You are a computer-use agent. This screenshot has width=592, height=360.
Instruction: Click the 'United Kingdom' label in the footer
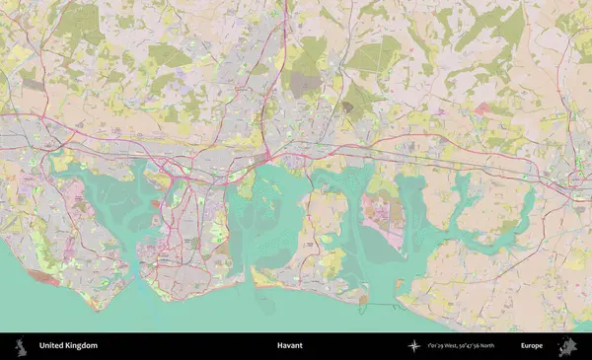68,346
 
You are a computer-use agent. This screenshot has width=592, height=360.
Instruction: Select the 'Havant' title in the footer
290,346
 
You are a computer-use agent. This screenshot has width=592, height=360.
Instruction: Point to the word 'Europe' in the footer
532,346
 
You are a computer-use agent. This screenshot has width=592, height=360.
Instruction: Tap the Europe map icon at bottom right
569,346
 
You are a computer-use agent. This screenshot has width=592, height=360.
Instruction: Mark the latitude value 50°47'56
476,346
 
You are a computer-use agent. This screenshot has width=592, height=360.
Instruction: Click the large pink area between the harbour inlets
380,208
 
